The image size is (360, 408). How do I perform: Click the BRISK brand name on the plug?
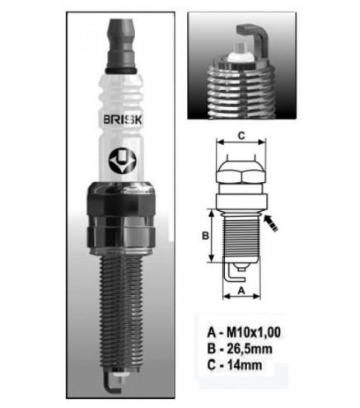click(123, 120)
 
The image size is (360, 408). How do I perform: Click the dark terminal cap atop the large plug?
click(121, 43)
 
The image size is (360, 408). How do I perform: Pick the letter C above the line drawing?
click(241, 136)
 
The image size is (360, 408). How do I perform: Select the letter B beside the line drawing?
click(205, 236)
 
